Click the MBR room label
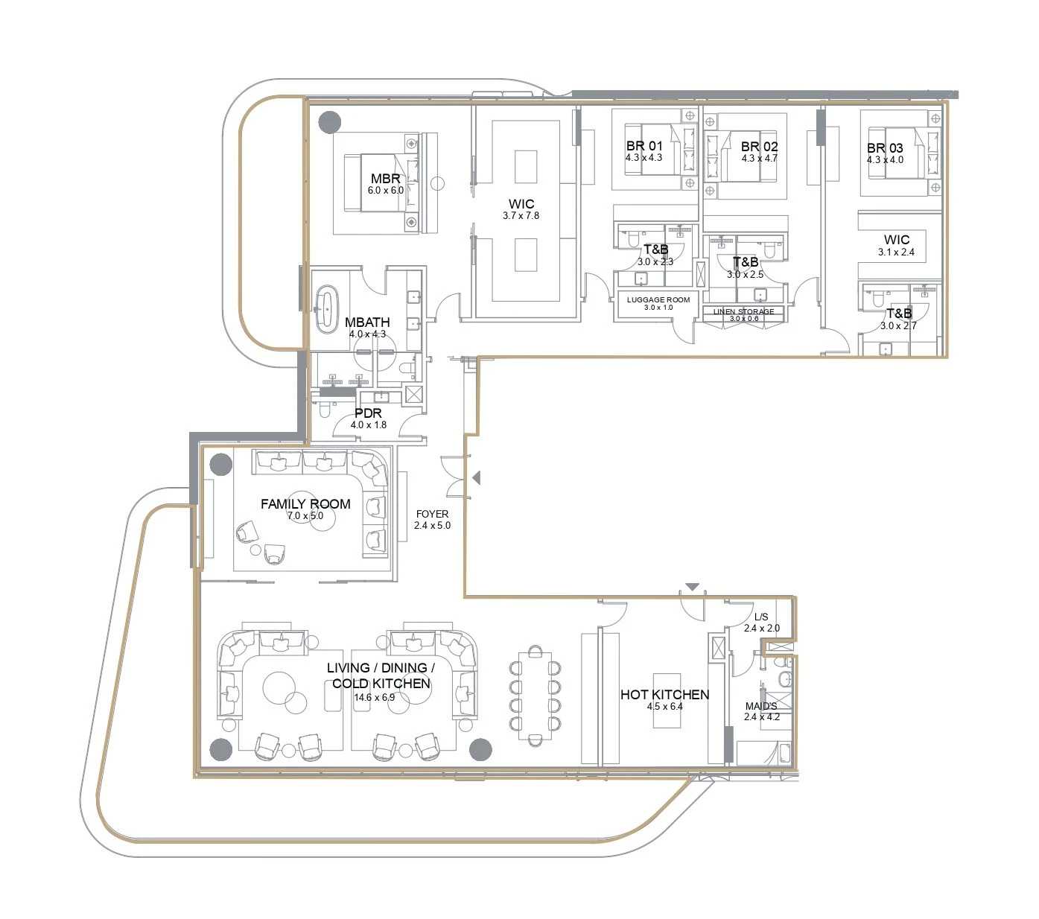(385, 179)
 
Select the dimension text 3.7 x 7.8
(521, 216)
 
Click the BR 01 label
(644, 146)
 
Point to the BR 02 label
(759, 147)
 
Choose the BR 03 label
(885, 148)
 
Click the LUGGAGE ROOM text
(658, 299)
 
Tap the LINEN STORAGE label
(743, 311)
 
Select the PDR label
(368, 413)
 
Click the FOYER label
(432, 514)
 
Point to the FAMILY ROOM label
(305, 504)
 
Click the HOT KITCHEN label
(664, 694)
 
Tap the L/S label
(761, 617)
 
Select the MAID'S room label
(761, 706)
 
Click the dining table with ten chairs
(535, 696)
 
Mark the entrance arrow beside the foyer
(477, 478)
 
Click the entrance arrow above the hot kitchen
(692, 587)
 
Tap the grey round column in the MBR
(330, 122)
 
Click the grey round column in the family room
(221, 465)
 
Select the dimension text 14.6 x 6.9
(375, 698)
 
